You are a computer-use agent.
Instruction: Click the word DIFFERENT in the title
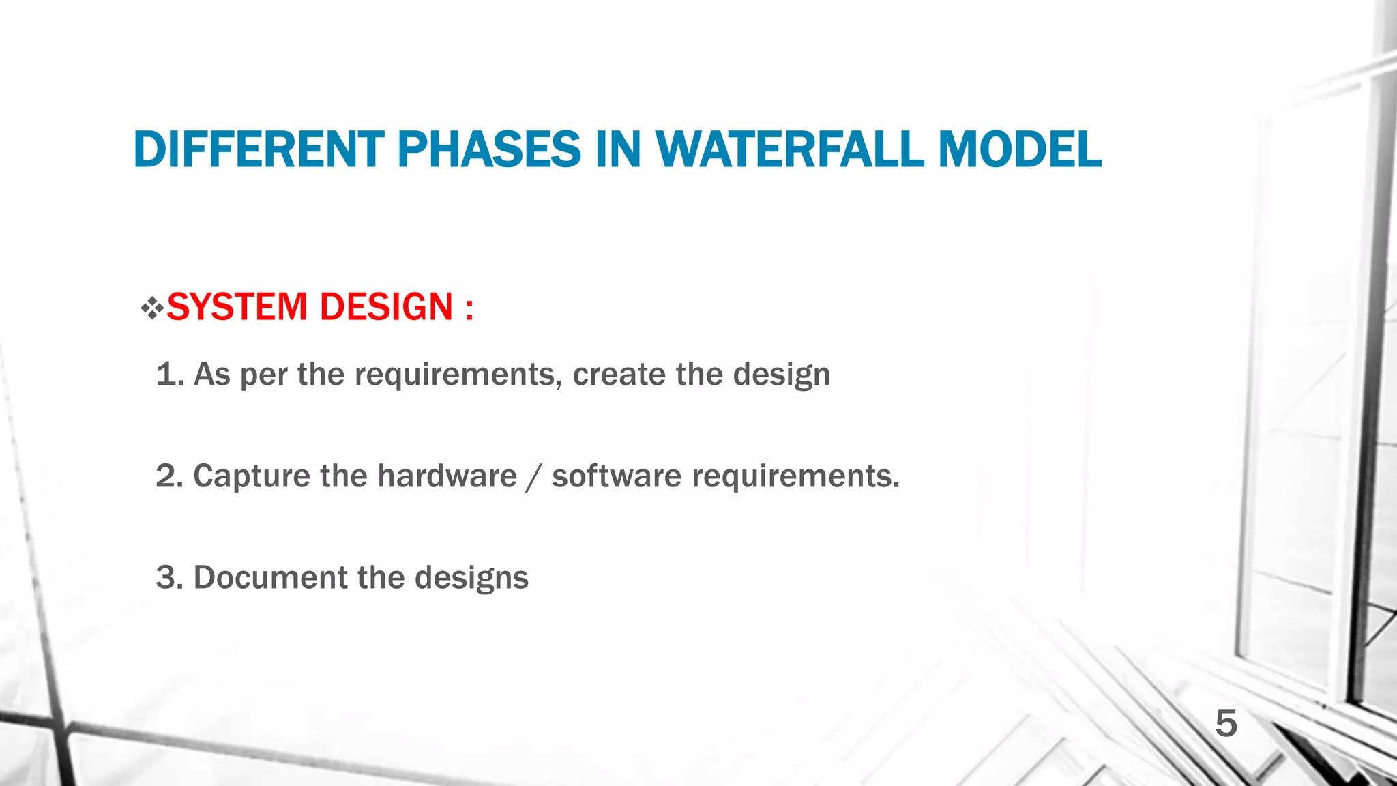[x=259, y=150]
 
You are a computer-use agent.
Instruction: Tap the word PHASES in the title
[x=488, y=150]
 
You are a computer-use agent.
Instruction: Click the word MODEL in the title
[x=1020, y=150]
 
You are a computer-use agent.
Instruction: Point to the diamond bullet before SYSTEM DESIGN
[x=152, y=309]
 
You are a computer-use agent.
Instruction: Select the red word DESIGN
[x=386, y=307]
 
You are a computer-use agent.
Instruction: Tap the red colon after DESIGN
[x=469, y=308]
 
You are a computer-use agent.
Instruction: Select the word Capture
[x=252, y=477]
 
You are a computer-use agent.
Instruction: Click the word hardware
[x=447, y=476]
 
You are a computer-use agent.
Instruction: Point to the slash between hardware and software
[x=534, y=477]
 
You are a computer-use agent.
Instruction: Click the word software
[x=616, y=476]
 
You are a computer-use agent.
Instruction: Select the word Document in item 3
[x=270, y=578]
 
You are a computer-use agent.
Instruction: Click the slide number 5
[x=1226, y=724]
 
